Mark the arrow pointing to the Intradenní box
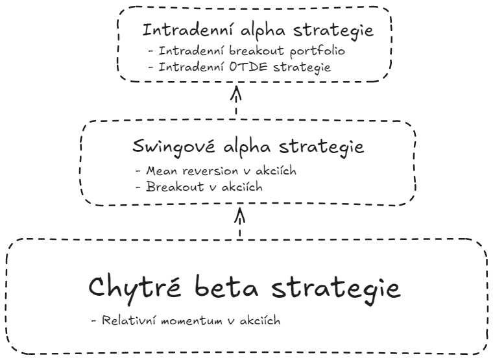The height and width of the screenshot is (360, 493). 236,101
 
